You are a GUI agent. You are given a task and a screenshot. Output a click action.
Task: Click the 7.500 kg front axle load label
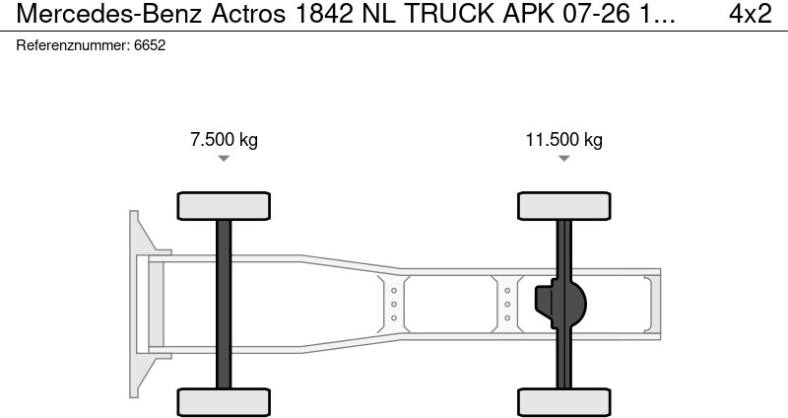click(x=224, y=140)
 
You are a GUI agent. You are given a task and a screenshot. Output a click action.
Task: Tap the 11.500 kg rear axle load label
click(x=563, y=140)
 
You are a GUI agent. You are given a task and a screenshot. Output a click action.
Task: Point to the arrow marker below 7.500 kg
click(x=224, y=159)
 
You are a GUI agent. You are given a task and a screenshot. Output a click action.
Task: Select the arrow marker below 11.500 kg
click(x=563, y=159)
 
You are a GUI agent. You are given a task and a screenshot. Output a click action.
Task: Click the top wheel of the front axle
click(x=224, y=206)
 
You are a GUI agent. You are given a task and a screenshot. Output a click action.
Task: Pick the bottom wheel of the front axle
click(x=224, y=401)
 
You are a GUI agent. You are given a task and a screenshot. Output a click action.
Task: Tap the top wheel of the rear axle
click(x=564, y=206)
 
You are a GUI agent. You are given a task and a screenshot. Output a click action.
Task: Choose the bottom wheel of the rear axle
click(x=564, y=401)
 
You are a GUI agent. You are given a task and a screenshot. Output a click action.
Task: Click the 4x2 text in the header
click(x=750, y=16)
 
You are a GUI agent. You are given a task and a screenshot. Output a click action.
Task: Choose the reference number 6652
click(x=149, y=45)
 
